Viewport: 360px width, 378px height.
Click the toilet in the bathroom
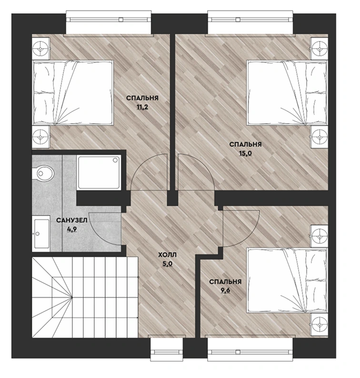(43, 173)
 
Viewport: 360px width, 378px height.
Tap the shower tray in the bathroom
(99, 172)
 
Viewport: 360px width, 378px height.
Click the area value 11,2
(142, 107)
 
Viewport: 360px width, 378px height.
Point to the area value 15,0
(245, 154)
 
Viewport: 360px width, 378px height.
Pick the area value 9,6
(225, 290)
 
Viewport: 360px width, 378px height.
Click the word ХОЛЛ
(167, 255)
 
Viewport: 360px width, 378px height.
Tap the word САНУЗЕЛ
(71, 220)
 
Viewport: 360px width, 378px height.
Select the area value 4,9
(72, 229)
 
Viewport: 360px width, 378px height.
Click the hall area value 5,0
(167, 264)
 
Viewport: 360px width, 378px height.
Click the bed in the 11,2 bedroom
(73, 93)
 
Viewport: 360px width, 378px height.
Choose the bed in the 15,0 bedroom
(287, 93)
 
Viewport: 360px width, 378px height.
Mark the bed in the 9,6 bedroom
(287, 280)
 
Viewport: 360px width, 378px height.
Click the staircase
(85, 297)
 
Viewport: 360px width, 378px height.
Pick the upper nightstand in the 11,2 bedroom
(41, 48)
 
